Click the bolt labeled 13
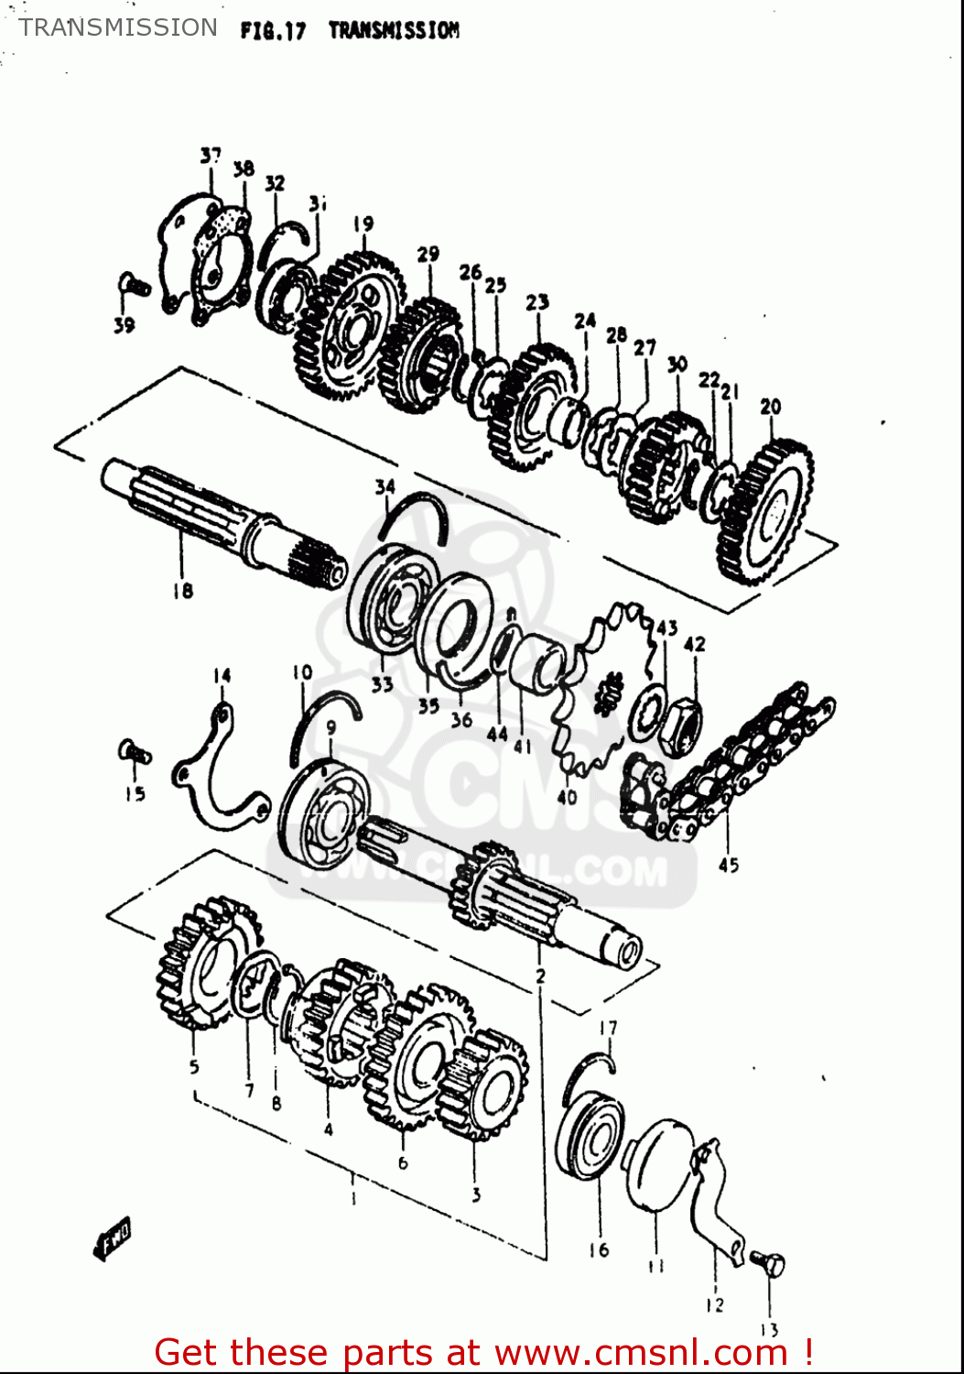tap(769, 1265)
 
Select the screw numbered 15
tap(134, 752)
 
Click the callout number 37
tap(211, 156)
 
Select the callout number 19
tap(363, 224)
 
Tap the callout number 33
tap(382, 683)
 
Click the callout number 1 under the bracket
tap(354, 1197)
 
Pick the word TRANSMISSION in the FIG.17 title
tap(394, 30)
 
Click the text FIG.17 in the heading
tap(272, 30)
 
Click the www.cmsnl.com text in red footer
tap(641, 1353)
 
